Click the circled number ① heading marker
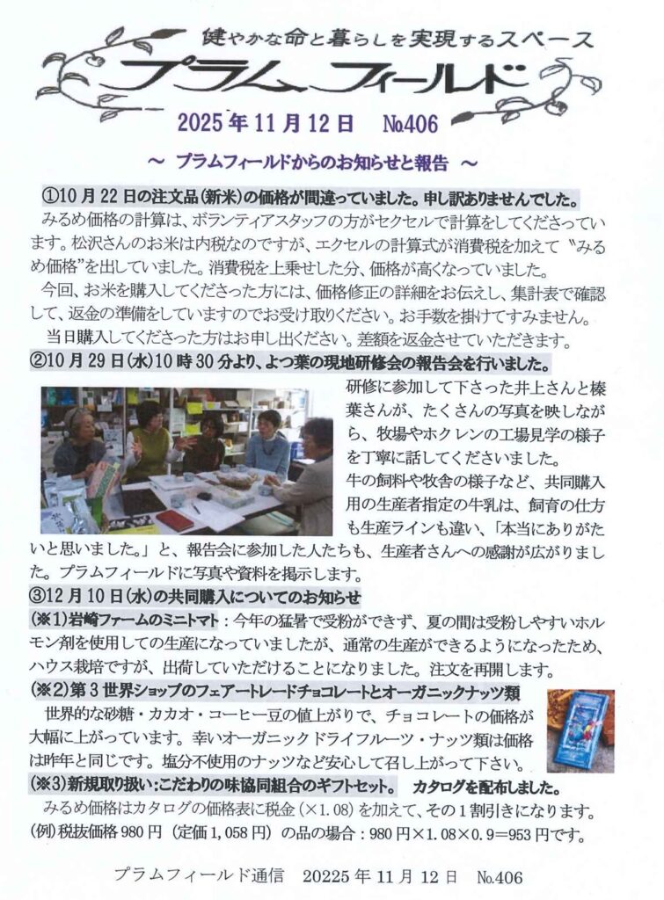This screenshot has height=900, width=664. [48, 199]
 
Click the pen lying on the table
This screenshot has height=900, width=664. [196, 507]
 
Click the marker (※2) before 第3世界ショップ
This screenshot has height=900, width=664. [48, 693]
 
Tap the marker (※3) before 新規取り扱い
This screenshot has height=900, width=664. [48, 784]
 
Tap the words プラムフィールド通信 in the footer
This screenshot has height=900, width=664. [199, 876]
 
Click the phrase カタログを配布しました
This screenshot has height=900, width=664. [486, 785]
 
